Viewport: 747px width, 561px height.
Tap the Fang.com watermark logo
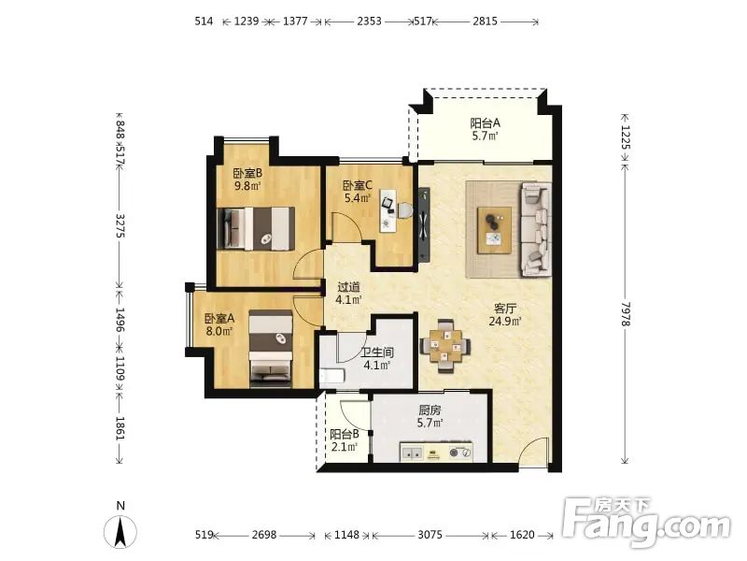(x=646, y=524)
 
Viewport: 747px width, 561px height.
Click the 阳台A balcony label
(x=485, y=123)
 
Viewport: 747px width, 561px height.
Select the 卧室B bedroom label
(x=247, y=173)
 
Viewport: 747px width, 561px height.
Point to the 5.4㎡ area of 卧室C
(x=358, y=197)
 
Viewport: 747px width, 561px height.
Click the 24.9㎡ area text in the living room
(x=505, y=321)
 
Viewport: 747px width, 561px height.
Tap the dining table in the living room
(x=445, y=346)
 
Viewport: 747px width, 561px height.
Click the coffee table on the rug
(x=495, y=230)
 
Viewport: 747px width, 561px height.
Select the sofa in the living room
(x=535, y=229)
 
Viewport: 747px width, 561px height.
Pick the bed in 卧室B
(x=255, y=228)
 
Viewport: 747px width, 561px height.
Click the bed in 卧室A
(x=271, y=348)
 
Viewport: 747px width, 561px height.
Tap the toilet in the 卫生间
(x=331, y=376)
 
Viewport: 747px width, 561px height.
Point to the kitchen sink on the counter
(x=412, y=453)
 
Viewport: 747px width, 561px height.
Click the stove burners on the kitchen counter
(x=460, y=452)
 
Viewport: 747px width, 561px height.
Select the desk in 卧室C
(x=388, y=210)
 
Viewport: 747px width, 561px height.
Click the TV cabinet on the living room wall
(x=424, y=224)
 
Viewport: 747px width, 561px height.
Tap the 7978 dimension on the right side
(x=626, y=314)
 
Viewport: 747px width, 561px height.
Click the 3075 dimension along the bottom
(x=430, y=535)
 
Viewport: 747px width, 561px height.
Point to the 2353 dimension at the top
(x=369, y=21)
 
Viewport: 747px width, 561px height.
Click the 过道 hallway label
(x=348, y=287)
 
